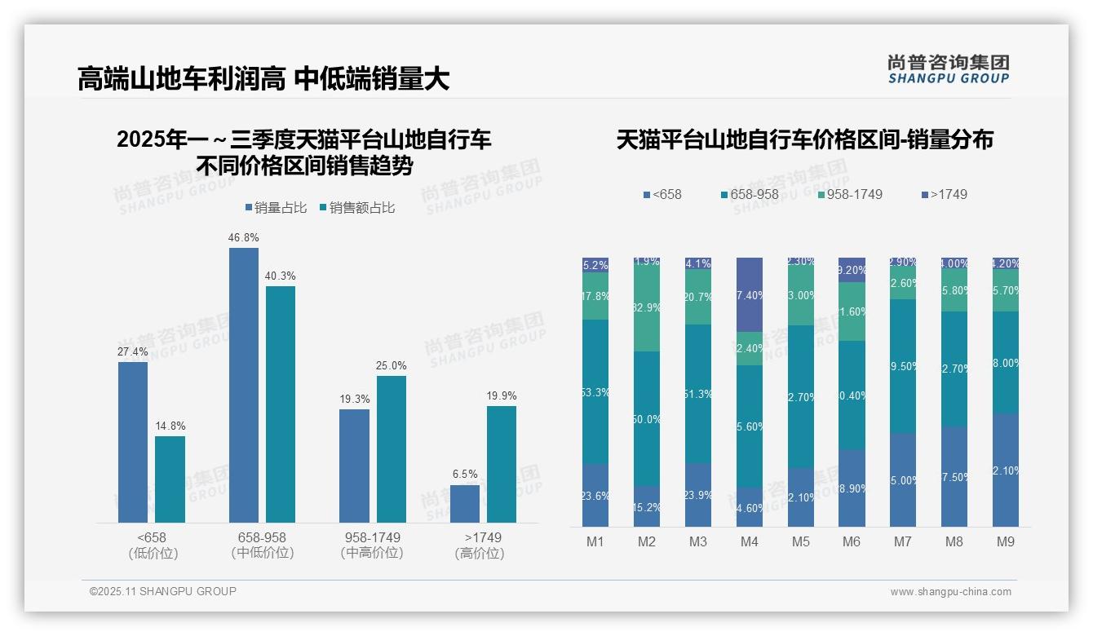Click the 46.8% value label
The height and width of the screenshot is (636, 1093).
click(244, 237)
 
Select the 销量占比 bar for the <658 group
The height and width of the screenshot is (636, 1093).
click(133, 442)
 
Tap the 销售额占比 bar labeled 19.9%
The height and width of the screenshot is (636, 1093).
click(502, 464)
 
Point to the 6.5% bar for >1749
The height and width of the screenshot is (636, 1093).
click(465, 503)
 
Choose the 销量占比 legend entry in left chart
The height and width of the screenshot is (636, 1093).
click(276, 208)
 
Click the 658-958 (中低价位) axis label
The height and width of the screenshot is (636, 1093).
click(262, 545)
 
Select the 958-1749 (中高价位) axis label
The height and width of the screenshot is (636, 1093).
click(372, 545)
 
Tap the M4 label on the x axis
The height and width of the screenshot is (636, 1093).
click(749, 542)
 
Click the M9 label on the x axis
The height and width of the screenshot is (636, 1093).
click(1006, 542)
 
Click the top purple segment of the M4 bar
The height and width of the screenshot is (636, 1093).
click(750, 294)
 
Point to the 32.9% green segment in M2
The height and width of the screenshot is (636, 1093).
click(647, 308)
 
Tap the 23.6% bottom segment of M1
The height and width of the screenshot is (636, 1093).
click(595, 495)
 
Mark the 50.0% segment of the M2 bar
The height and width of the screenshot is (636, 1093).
click(647, 419)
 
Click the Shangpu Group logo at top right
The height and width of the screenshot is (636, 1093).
click(948, 68)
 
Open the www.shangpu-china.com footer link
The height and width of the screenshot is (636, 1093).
click(950, 592)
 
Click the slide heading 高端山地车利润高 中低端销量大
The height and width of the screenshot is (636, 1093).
click(263, 79)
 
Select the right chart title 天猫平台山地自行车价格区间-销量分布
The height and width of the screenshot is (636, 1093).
click(804, 139)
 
